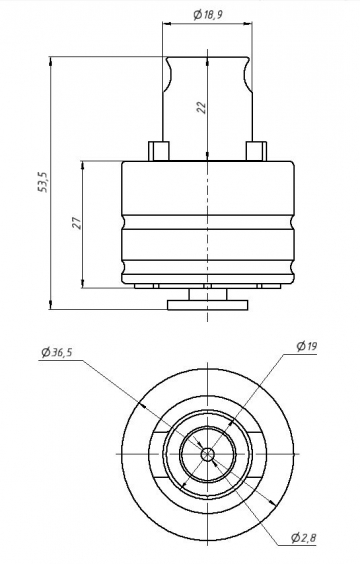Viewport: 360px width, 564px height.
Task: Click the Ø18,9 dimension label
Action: (208, 15)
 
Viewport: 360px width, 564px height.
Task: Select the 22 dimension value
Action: (202, 108)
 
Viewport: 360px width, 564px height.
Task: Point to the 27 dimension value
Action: (77, 223)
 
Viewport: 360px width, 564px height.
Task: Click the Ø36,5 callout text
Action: (57, 352)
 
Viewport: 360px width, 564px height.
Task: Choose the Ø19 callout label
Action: (307, 346)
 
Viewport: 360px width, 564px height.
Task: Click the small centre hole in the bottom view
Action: (208, 454)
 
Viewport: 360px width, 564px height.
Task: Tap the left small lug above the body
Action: (159, 151)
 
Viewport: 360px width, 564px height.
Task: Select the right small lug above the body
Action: (256, 151)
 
